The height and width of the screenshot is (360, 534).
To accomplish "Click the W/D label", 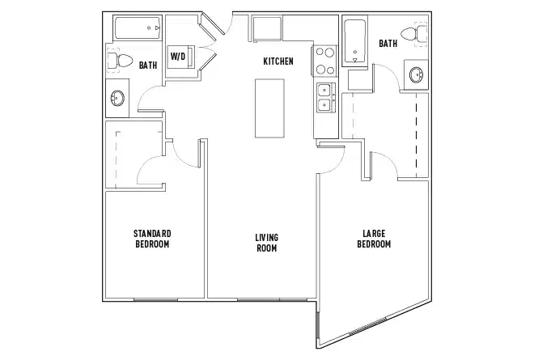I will click(x=178, y=56).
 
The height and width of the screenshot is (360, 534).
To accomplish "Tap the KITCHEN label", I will click(x=278, y=61).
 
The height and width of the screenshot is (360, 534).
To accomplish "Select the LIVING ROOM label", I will click(x=266, y=242).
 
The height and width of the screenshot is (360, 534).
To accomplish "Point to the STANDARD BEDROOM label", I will click(x=152, y=239).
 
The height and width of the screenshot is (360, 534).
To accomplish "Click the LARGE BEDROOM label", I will click(x=375, y=239).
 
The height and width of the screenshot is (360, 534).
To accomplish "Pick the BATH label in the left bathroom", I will click(x=147, y=65).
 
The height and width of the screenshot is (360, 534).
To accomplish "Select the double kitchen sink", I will click(x=324, y=97).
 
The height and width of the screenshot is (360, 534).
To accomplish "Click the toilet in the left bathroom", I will click(x=120, y=60).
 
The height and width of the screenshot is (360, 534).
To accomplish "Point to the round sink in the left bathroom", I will click(x=117, y=100).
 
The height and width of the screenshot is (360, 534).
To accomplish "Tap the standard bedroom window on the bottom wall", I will click(x=154, y=299).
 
